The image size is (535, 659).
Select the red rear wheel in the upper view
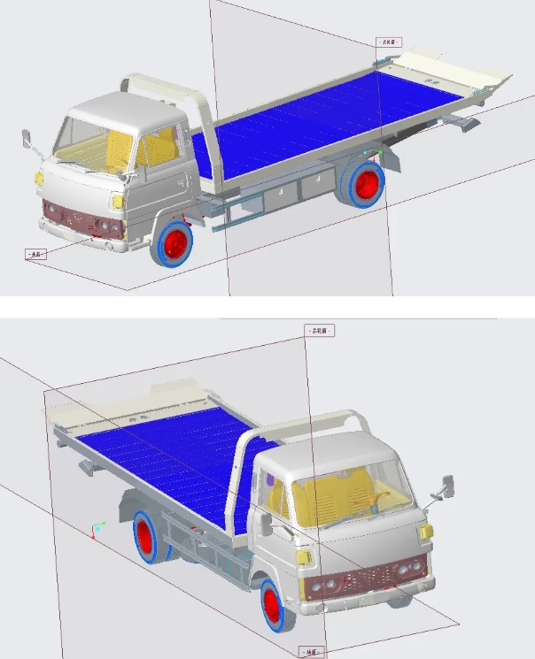click(368, 182)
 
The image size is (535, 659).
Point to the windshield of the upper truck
click(89, 140)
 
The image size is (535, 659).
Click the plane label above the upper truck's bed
click(388, 42)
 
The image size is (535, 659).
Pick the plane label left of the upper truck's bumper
click(35, 254)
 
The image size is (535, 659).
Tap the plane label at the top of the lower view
click(320, 330)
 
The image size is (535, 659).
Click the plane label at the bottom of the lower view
click(313, 652)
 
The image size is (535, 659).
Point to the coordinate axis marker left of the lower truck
click(96, 530)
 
